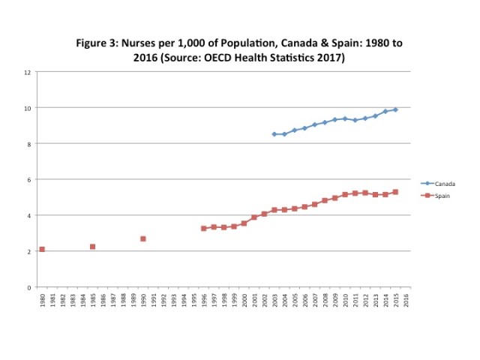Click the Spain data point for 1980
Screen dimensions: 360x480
(x=42, y=249)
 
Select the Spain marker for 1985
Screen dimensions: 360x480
(x=92, y=247)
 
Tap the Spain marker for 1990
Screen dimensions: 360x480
(x=143, y=238)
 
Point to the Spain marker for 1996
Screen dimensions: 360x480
(x=204, y=228)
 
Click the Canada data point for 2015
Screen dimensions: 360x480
(x=396, y=109)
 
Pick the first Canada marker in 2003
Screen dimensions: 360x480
(x=274, y=134)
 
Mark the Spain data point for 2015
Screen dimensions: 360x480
(x=396, y=192)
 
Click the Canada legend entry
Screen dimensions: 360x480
(x=442, y=183)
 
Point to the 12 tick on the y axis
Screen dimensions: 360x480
(x=28, y=72)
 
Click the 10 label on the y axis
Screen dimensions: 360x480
(x=28, y=108)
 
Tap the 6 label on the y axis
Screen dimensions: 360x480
(x=29, y=180)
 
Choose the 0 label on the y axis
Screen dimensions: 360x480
(x=29, y=287)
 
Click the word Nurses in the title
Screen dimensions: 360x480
(x=143, y=43)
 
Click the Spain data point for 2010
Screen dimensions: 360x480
(x=346, y=194)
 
